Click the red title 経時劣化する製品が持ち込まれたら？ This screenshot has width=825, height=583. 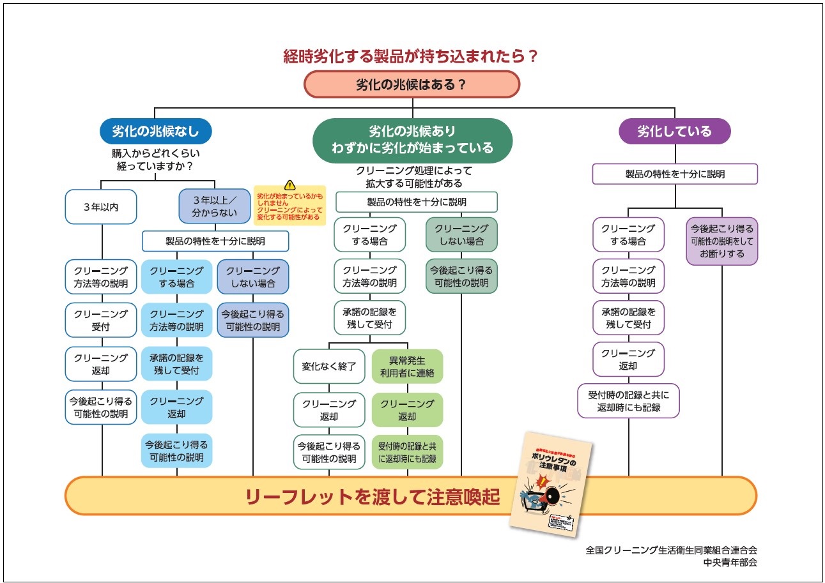[x=411, y=56]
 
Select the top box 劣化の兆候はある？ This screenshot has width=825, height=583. [x=412, y=84]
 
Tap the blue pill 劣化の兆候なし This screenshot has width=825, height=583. [x=155, y=132]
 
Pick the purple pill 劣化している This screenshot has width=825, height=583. [x=674, y=132]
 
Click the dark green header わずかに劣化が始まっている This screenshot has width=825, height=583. [x=412, y=148]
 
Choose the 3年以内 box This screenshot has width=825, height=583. [x=101, y=207]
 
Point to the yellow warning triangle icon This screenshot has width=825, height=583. [x=289, y=185]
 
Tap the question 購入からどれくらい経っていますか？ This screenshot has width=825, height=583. [x=155, y=160]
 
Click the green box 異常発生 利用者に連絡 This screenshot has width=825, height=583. [x=407, y=367]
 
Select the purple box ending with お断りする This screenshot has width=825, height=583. [x=721, y=241]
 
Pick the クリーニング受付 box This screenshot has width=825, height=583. [x=101, y=321]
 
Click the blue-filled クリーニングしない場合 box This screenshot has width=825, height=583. [x=252, y=276]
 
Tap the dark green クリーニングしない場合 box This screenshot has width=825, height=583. [x=461, y=235]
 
